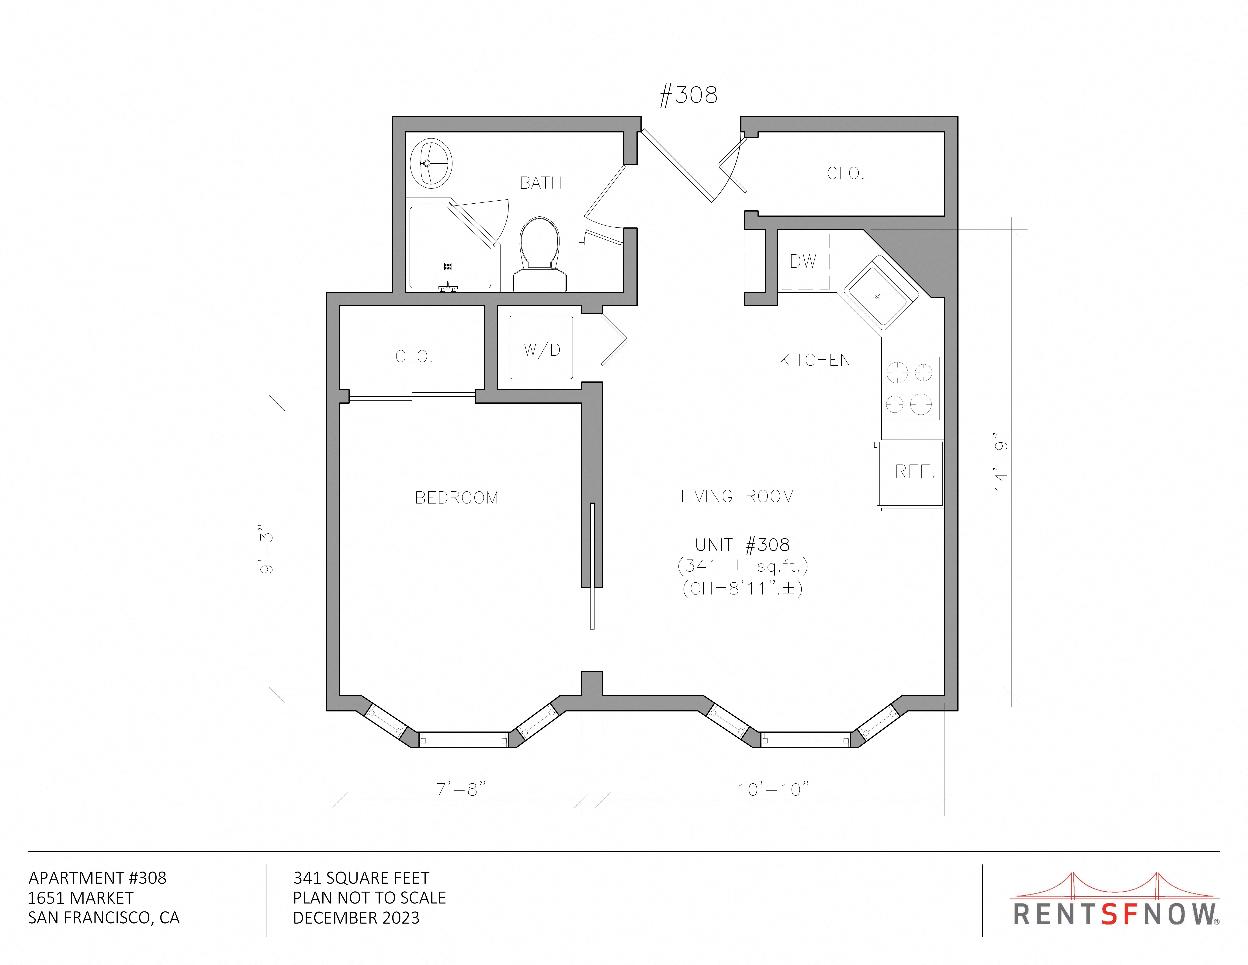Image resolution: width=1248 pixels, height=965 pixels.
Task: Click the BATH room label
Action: click(x=541, y=183)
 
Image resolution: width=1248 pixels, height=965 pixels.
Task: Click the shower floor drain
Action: click(x=448, y=266)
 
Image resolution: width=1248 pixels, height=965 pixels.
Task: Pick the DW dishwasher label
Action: click(x=803, y=261)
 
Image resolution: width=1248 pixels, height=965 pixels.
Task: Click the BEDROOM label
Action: click(x=457, y=498)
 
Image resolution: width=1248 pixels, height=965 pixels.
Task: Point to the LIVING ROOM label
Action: click(x=737, y=496)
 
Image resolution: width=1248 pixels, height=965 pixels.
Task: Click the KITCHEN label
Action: click(x=815, y=360)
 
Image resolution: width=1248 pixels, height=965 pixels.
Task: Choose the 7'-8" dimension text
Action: click(x=461, y=789)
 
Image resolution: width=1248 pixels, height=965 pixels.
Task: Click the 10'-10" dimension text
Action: click(x=773, y=789)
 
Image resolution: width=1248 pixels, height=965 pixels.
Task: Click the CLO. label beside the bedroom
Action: click(x=414, y=357)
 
